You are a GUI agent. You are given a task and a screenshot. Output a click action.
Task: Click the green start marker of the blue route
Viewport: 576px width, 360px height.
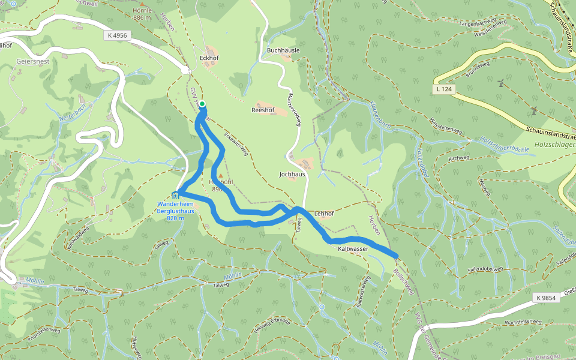click(202, 104)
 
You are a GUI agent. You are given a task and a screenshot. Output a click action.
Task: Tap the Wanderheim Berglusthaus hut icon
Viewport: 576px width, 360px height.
click(175, 194)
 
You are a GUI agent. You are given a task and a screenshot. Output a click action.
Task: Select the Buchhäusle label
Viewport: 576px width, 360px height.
click(283, 50)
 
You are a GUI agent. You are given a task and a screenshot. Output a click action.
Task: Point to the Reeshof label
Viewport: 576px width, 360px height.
click(262, 110)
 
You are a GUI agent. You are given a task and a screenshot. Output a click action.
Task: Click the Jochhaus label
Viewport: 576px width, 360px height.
click(292, 174)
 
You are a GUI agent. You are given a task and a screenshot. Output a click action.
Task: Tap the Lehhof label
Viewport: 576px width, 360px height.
click(323, 213)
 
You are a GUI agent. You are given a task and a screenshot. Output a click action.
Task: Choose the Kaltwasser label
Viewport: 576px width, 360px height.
click(353, 248)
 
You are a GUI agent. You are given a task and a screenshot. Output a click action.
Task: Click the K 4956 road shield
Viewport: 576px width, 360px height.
click(118, 35)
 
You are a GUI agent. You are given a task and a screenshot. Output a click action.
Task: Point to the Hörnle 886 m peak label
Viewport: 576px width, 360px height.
click(142, 14)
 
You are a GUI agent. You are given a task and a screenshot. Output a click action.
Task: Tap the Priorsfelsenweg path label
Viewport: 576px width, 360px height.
click(43, 334)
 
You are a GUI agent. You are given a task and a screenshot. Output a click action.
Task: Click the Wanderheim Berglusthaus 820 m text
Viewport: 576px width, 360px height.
click(175, 211)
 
